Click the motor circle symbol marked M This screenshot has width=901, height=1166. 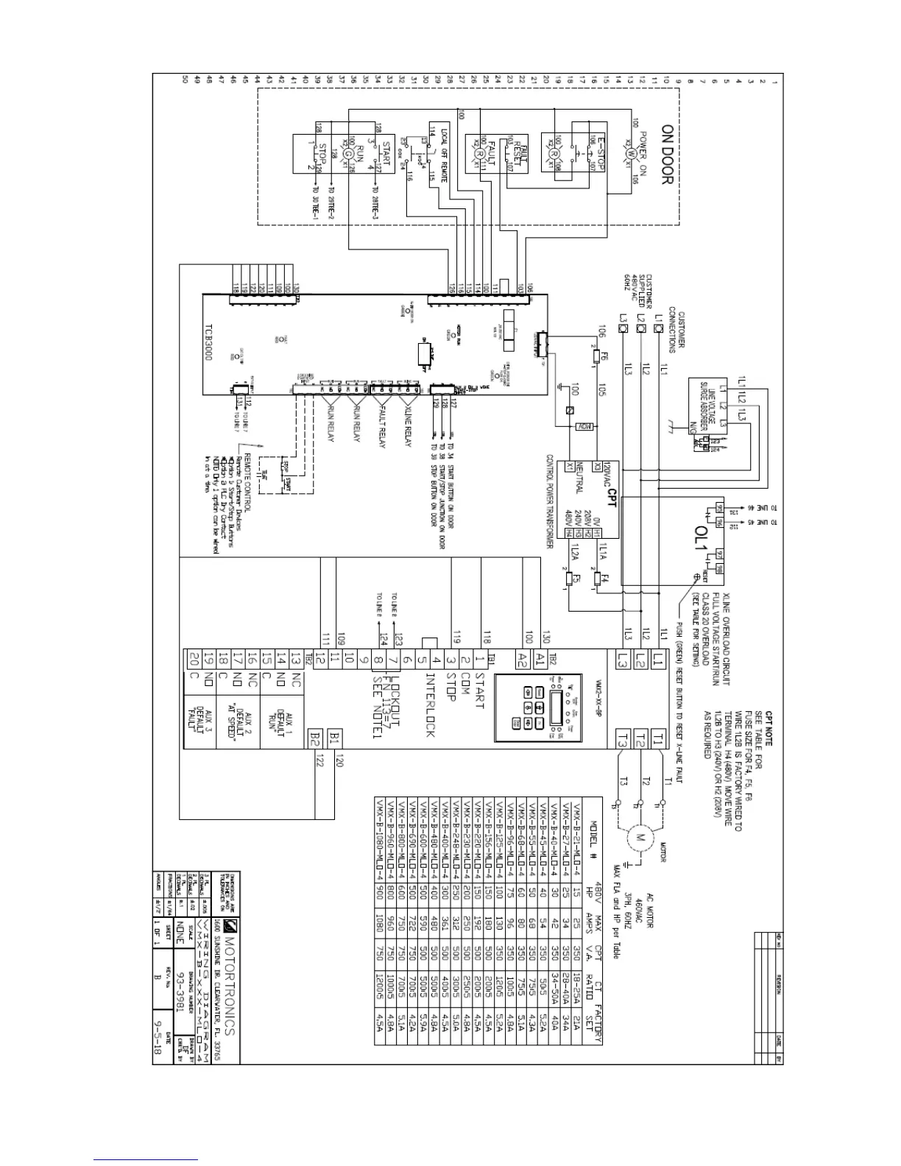638,838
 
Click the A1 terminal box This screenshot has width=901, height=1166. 541,658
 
